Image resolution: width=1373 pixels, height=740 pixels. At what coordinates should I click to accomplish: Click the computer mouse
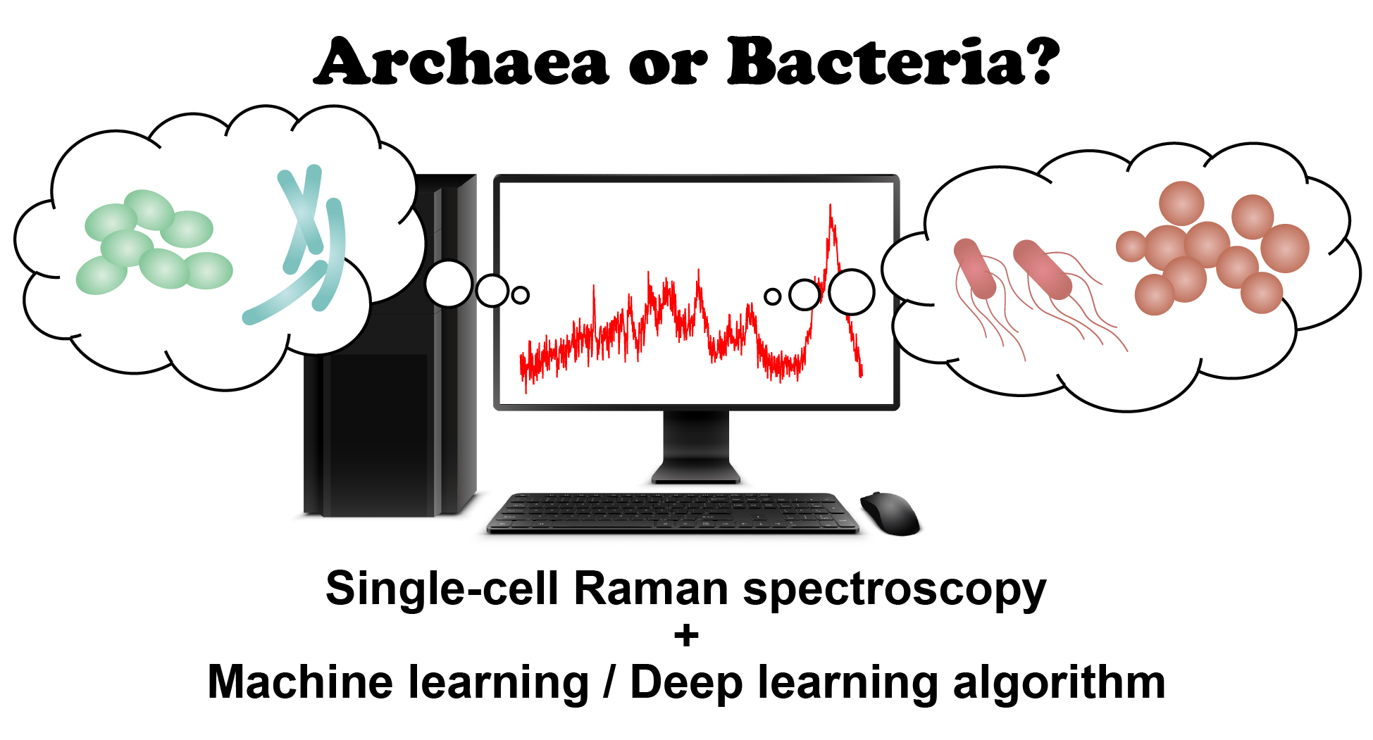click(x=890, y=513)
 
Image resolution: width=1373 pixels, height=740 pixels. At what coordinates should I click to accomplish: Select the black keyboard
click(x=673, y=513)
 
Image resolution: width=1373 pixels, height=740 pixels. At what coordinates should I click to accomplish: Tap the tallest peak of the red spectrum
click(x=831, y=205)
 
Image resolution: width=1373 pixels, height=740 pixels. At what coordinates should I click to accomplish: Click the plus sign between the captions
click(x=686, y=636)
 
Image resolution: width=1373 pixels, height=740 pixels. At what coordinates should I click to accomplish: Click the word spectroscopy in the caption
click(x=895, y=591)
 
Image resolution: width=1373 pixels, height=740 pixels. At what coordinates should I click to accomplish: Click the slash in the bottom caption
click(x=609, y=682)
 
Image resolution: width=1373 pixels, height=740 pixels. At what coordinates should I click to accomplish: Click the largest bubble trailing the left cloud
click(x=449, y=284)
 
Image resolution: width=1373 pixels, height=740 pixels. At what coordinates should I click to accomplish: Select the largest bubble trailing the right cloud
click(x=852, y=291)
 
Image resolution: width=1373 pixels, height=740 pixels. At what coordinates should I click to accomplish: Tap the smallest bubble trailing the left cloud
click(x=521, y=296)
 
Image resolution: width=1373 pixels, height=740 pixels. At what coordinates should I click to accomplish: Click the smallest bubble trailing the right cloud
click(x=773, y=296)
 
